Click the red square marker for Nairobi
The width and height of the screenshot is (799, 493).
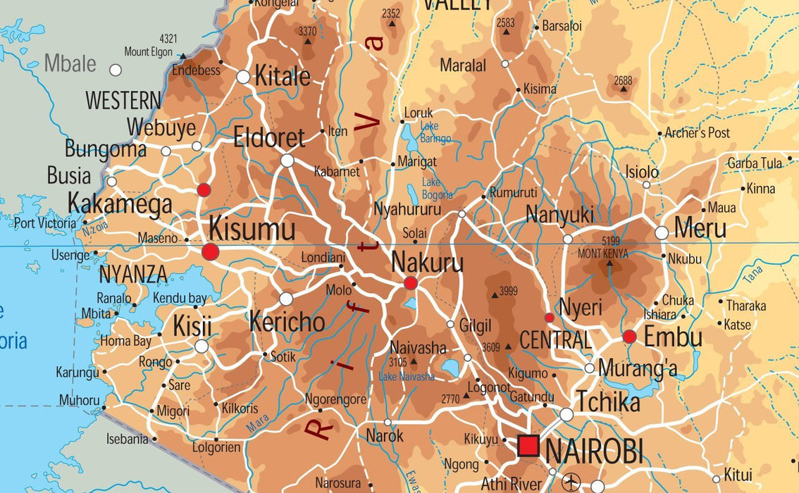tap(528, 446)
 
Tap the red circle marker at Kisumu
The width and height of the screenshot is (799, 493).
tap(211, 251)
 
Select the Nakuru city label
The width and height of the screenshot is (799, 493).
tap(427, 263)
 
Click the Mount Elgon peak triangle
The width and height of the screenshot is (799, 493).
tap(182, 56)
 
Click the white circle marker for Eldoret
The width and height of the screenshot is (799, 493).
tap(287, 161)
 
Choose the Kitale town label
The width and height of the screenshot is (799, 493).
tap(282, 77)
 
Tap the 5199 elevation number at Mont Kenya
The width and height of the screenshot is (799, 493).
tap(611, 242)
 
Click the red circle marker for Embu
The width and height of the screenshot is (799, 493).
tap(629, 337)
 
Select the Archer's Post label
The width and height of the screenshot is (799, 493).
tap(697, 132)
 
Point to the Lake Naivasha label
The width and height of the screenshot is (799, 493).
tap(407, 377)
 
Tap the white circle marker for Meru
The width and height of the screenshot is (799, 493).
tap(662, 232)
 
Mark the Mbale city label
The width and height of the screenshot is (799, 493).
tap(70, 63)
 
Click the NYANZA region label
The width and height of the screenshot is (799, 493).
tap(133, 274)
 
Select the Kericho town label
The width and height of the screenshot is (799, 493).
tap(287, 322)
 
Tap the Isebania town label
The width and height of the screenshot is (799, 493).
tap(128, 439)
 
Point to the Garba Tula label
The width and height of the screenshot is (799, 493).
tap(755, 163)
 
